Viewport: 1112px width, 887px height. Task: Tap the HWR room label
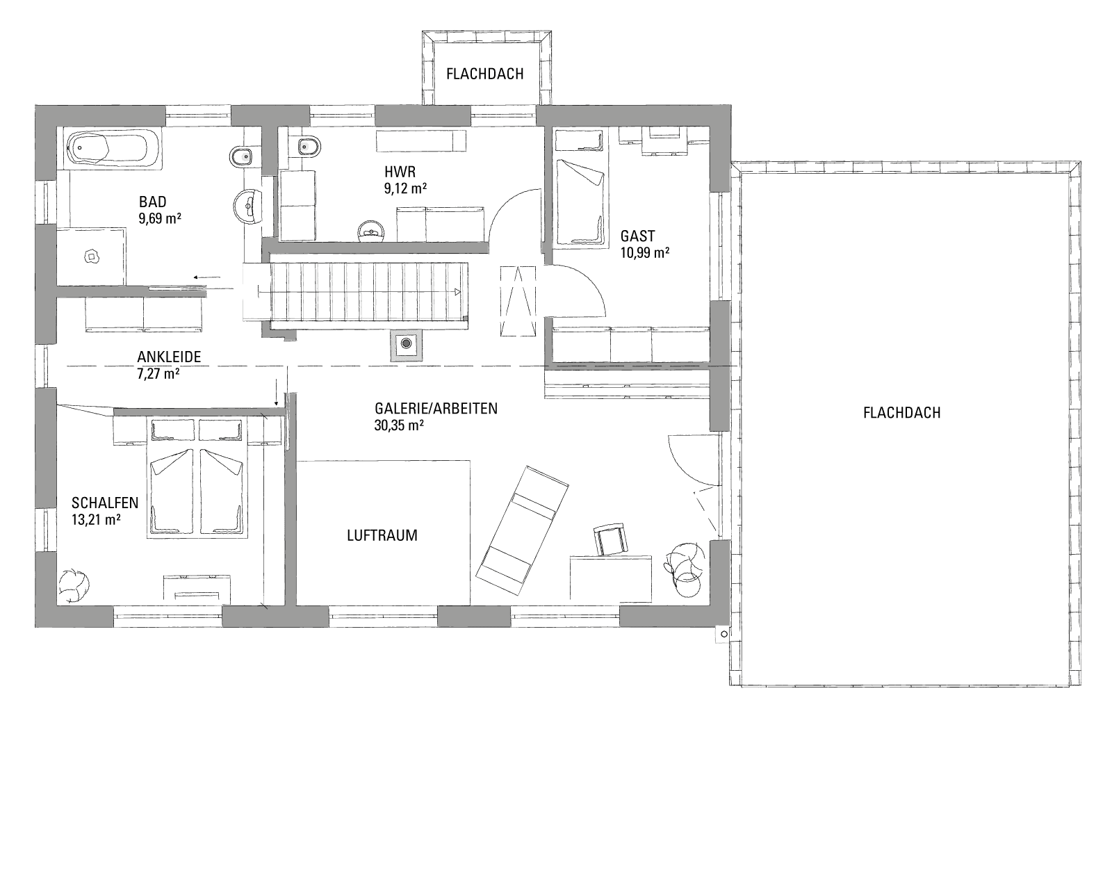pyautogui.click(x=400, y=172)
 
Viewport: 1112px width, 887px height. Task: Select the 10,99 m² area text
pyautogui.click(x=645, y=253)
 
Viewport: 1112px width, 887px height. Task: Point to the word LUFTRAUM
pyautogui.click(x=382, y=535)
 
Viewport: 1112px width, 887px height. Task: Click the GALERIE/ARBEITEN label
pyautogui.click(x=436, y=408)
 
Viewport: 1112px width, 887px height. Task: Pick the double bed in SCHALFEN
pyautogui.click(x=197, y=479)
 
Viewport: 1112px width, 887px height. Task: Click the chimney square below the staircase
pyautogui.click(x=407, y=345)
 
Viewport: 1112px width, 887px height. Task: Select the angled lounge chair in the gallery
pyautogui.click(x=522, y=529)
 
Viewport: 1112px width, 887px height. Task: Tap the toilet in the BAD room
pyautogui.click(x=240, y=155)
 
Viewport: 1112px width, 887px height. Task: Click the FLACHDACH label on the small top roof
pyautogui.click(x=484, y=74)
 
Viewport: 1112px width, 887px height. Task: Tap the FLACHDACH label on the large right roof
pyautogui.click(x=901, y=412)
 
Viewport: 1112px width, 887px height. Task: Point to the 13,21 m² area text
pyautogui.click(x=96, y=519)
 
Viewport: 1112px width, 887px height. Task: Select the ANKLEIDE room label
pyautogui.click(x=169, y=357)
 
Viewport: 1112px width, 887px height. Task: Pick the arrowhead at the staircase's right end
pyautogui.click(x=457, y=292)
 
